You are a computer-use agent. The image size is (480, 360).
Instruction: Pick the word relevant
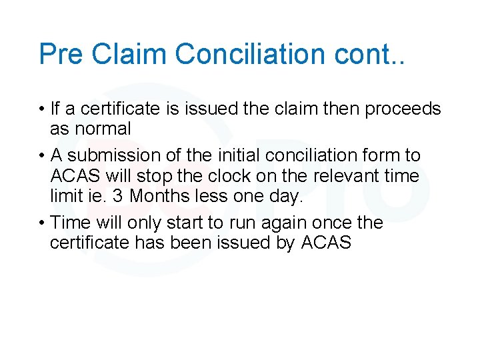(x=344, y=176)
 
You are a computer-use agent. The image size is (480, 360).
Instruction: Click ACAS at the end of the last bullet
(x=326, y=243)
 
